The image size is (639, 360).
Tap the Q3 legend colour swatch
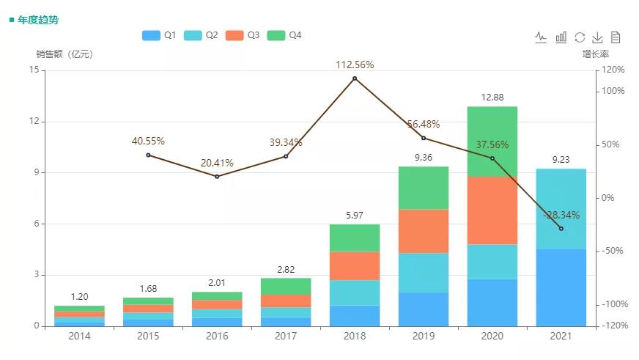click(234, 35)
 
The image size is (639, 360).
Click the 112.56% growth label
click(355, 65)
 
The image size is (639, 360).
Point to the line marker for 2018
click(355, 78)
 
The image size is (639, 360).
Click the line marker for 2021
click(561, 229)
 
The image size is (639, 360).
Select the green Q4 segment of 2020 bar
click(492, 142)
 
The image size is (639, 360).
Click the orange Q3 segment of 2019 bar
click(424, 231)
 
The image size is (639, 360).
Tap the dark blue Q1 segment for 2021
click(561, 287)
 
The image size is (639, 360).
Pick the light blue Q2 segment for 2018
click(355, 293)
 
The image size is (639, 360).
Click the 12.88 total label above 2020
click(492, 98)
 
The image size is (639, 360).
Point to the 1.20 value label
click(79, 297)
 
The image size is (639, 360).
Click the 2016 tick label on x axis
click(217, 336)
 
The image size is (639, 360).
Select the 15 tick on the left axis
click(34, 70)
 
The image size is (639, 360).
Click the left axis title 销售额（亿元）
click(64, 54)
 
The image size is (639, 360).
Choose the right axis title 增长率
click(596, 54)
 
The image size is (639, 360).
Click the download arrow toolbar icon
click(597, 37)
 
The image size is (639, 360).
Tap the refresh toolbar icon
click(580, 37)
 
